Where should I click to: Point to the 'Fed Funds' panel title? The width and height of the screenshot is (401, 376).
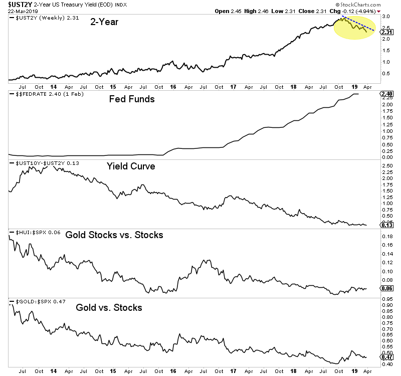(x=132, y=99)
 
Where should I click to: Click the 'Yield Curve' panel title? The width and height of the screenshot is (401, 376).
(x=130, y=166)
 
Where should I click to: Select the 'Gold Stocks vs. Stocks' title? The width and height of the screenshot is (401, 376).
(x=114, y=234)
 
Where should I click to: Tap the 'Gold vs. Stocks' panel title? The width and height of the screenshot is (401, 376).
(x=109, y=307)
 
